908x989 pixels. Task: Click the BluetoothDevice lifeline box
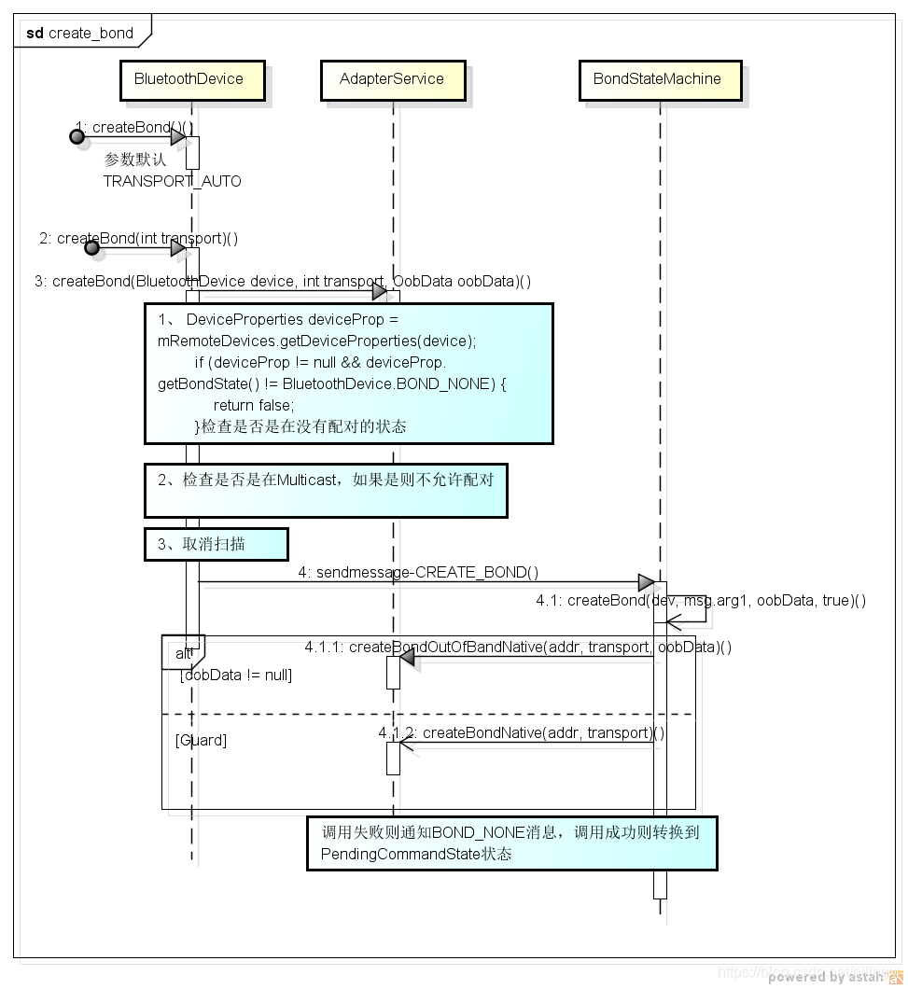[191, 80]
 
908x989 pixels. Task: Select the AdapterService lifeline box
[392, 80]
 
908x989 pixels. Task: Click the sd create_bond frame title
[80, 34]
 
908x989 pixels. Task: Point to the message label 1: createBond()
[134, 127]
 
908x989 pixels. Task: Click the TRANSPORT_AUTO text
[172, 181]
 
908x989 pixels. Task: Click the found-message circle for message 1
[77, 137]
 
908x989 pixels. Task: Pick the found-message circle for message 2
[91, 248]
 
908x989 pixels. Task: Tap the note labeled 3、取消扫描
[216, 544]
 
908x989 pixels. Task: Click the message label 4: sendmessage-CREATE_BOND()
[418, 572]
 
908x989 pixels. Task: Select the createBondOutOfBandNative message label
[517, 647]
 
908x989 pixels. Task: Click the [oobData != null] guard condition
[235, 675]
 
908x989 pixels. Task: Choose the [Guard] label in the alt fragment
[200, 740]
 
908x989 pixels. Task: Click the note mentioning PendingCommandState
[511, 843]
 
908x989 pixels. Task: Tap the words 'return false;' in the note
[253, 405]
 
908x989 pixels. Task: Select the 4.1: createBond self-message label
[700, 600]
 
